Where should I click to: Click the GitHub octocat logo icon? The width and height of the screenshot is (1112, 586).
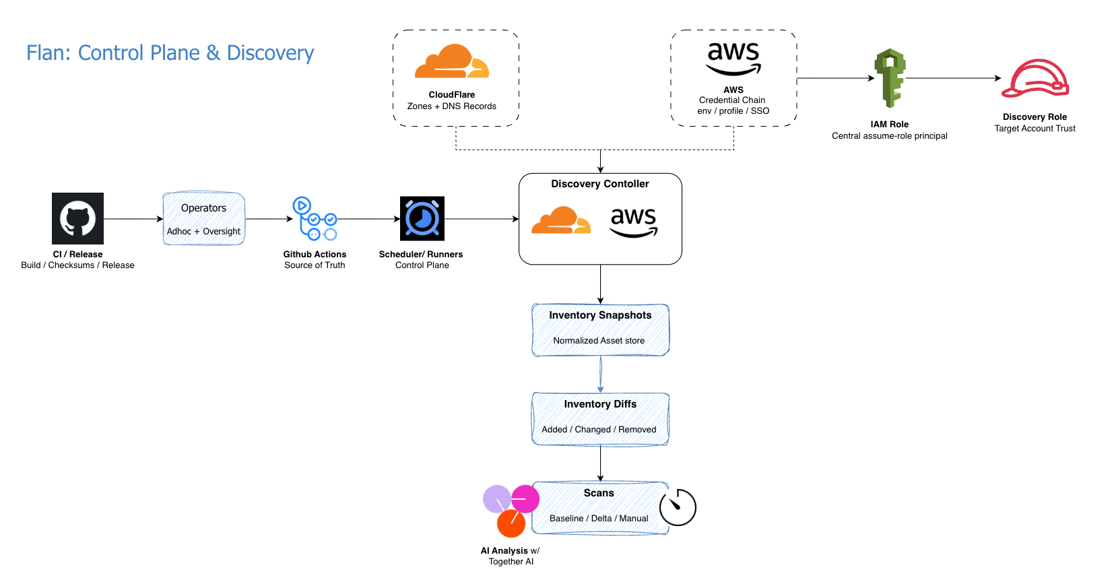pos(77,218)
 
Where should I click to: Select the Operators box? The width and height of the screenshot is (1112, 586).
pos(203,219)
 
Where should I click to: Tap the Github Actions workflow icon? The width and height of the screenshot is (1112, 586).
pos(315,218)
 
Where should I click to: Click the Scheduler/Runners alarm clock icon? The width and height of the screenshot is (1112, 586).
pos(422,218)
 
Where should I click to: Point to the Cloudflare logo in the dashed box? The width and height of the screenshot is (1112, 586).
pos(452,61)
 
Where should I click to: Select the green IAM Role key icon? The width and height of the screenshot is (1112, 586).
pos(890,77)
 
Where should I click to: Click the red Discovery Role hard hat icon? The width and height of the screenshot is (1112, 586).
pos(1035,79)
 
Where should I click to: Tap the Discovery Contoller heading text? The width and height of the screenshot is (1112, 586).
pos(600,184)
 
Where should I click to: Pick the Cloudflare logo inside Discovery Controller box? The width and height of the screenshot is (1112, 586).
pos(561,220)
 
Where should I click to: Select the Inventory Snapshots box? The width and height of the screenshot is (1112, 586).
pos(600,330)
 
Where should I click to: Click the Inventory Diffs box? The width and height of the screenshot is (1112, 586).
pos(600,419)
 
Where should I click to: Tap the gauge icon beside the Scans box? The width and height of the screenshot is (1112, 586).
pos(678,507)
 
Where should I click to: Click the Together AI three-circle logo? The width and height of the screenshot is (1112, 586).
pos(511,511)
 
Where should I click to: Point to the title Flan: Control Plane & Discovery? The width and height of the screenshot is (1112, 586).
pos(170,53)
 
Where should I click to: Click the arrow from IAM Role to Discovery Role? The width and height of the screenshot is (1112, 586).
pos(953,78)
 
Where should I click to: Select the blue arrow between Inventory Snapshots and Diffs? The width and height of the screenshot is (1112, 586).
pos(600,375)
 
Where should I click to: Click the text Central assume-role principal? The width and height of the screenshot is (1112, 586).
pos(889,136)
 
